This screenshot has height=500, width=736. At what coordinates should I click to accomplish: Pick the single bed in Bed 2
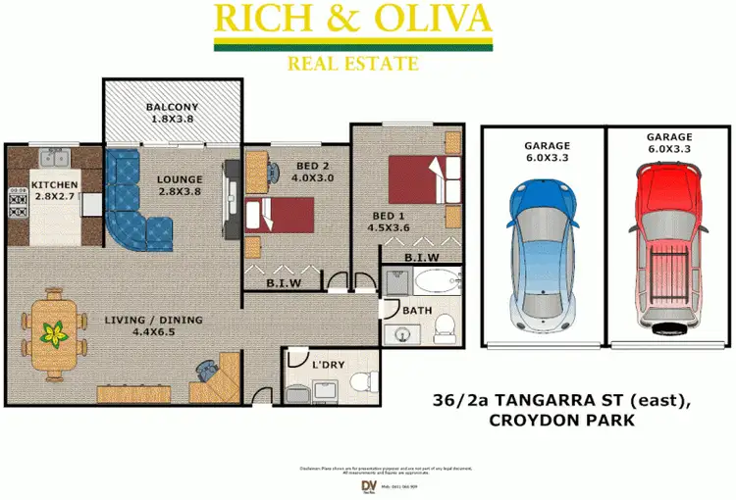283,212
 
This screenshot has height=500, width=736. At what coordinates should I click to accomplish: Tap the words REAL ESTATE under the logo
352,65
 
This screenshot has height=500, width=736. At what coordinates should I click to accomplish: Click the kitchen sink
50,157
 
